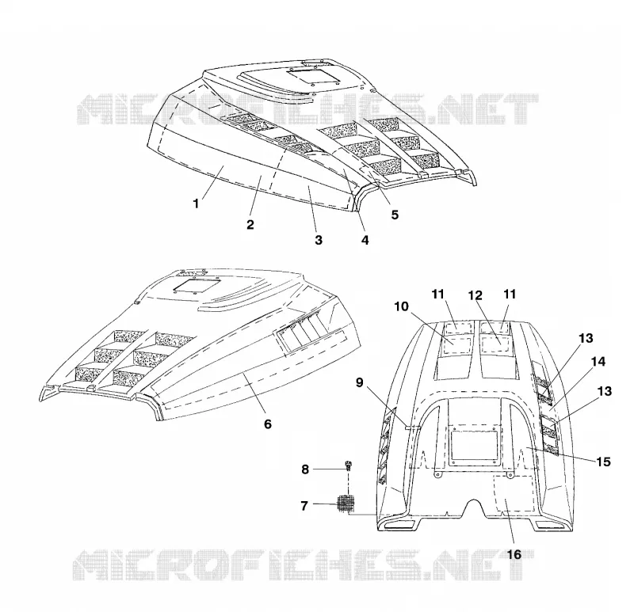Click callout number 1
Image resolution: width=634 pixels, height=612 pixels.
pyautogui.click(x=196, y=203)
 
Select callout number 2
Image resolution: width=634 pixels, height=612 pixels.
pyautogui.click(x=250, y=225)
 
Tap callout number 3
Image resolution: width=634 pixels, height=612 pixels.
pyautogui.click(x=319, y=240)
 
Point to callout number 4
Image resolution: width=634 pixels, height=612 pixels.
pyautogui.click(x=365, y=240)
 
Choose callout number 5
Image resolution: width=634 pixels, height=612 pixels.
pyautogui.click(x=395, y=215)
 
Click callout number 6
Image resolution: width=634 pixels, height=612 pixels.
pyautogui.click(x=268, y=424)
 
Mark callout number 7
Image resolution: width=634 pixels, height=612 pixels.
pyautogui.click(x=304, y=505)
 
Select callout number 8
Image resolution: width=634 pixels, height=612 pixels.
pyautogui.click(x=305, y=469)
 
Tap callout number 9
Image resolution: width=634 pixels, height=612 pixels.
pyautogui.click(x=360, y=382)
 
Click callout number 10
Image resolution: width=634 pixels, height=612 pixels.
pyautogui.click(x=402, y=306)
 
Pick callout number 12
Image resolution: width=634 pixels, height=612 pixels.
pyautogui.click(x=475, y=295)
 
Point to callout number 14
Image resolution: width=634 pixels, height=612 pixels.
pyautogui.click(x=598, y=362)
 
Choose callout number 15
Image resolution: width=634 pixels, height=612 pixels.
pyautogui.click(x=603, y=462)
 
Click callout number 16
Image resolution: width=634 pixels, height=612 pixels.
pyautogui.click(x=514, y=555)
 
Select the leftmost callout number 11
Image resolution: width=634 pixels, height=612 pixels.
pyautogui.click(x=438, y=294)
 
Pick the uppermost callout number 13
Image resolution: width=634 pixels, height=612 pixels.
pyautogui.click(x=586, y=338)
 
